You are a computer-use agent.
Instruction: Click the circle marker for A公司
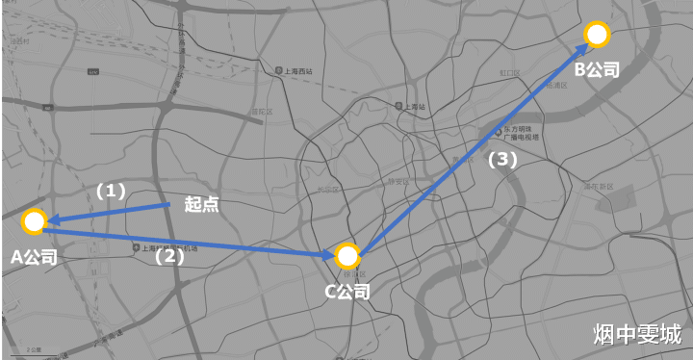point(34,222)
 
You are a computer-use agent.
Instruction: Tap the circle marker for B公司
point(597,35)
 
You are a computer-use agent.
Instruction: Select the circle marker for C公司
point(347,256)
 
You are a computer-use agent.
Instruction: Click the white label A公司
point(34,257)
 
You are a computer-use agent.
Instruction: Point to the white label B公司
point(597,69)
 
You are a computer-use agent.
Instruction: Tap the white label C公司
point(347,291)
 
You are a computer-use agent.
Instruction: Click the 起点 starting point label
point(201,204)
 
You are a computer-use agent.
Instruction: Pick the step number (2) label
point(169,256)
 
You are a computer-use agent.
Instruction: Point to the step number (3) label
point(502,160)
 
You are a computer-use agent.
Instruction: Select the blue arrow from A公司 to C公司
point(192,240)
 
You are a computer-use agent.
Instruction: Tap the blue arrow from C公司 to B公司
point(472,144)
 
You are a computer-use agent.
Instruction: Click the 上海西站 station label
point(293,71)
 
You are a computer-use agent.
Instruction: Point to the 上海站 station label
point(414,106)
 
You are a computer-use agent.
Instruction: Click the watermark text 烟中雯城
point(637,334)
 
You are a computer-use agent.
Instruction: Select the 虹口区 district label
point(509,72)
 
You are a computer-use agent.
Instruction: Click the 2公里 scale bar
point(35,348)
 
